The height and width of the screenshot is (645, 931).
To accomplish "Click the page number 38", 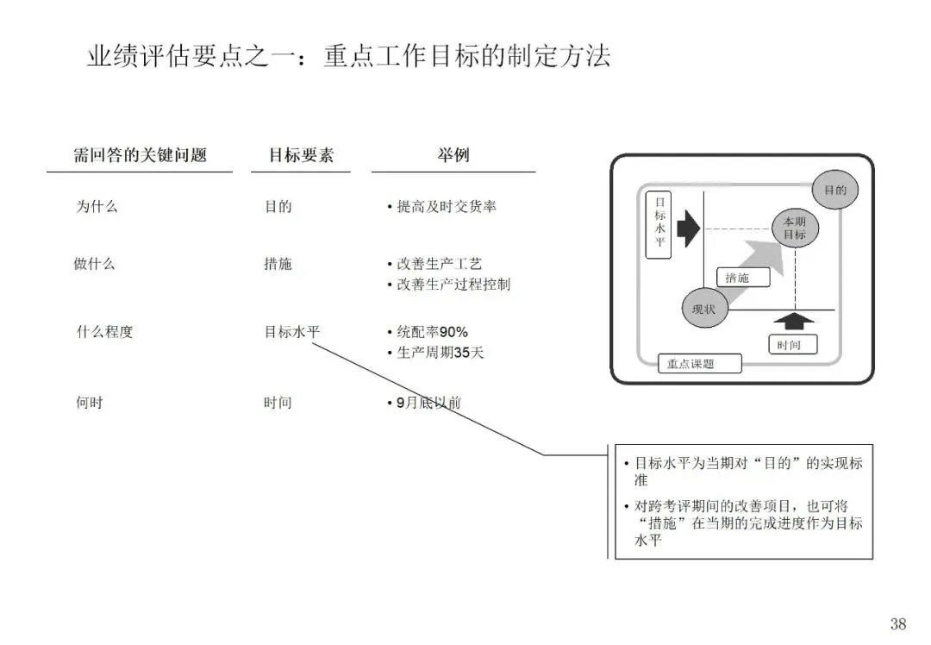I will pos(898,623).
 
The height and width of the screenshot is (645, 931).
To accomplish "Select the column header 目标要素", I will pos(301,156).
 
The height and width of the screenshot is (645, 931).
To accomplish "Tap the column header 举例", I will pos(453,156).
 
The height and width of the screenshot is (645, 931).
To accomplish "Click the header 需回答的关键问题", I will pos(140,156).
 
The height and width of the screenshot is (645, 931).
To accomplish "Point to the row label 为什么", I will pos(97,207).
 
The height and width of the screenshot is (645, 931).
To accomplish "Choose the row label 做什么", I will pos(94,264).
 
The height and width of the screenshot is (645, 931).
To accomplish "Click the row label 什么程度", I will pos(105,331).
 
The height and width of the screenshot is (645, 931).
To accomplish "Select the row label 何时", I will pos(90,402).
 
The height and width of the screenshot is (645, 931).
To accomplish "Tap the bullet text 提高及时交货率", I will pos(446,207).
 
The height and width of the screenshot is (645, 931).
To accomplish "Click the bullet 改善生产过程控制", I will pos(453,284).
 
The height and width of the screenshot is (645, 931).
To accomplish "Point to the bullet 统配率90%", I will pos(432,332).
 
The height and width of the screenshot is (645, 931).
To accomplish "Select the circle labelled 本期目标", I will pos(794,229).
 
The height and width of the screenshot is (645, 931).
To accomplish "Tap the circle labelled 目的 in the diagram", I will pos(835,191).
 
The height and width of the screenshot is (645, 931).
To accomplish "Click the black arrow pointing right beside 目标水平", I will pos(688,229).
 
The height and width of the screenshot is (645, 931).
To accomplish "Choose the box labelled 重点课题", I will pos(698,364).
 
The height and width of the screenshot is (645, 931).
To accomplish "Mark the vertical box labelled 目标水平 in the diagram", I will pos(659,224).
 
